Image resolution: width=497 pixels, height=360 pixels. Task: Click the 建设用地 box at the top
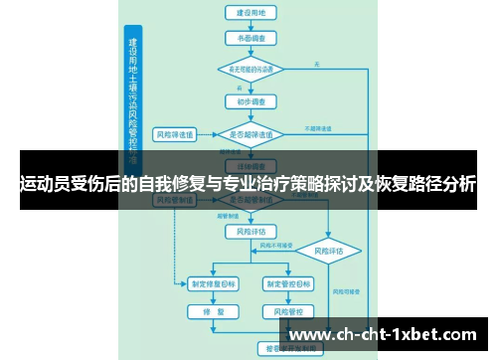point(251,14)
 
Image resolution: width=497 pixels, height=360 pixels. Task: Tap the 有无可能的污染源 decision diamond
point(251,70)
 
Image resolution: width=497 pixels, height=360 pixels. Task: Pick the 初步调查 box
point(251,101)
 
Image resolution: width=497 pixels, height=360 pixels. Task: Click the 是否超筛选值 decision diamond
point(251,133)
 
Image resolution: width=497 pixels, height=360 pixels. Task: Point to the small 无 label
point(316,64)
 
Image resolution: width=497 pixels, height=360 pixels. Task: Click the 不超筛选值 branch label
point(318,128)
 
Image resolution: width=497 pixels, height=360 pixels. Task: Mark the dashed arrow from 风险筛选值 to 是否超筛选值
point(210,133)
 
